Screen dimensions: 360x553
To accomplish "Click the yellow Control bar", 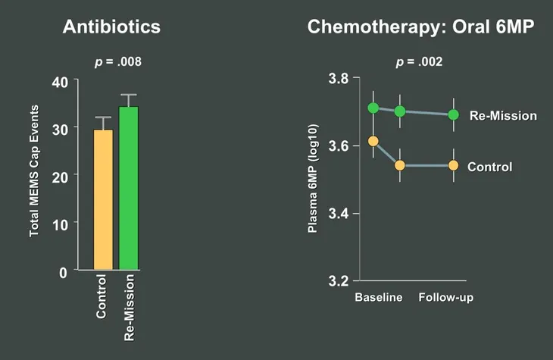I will (x=103, y=199).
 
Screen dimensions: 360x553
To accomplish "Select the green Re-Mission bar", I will (x=129, y=188).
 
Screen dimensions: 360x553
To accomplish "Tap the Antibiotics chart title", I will (x=111, y=27).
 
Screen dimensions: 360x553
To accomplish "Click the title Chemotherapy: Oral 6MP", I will (x=420, y=27).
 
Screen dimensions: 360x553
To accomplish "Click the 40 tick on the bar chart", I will (x=59, y=82).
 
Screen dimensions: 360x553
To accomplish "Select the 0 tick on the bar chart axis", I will (x=63, y=271).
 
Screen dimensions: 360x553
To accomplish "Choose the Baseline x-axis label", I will (x=379, y=297).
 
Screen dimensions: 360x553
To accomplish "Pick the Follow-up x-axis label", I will (x=446, y=297).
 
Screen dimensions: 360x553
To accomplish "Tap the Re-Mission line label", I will (x=503, y=116).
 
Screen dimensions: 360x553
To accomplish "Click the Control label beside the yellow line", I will (x=489, y=167).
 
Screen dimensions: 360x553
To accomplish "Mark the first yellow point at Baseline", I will (x=373, y=141).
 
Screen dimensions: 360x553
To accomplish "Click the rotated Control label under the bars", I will (x=102, y=299).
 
